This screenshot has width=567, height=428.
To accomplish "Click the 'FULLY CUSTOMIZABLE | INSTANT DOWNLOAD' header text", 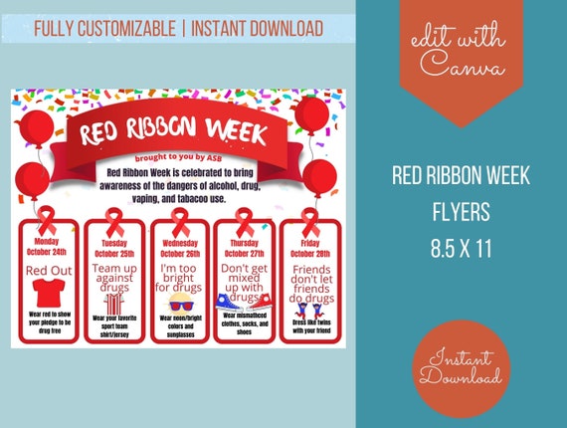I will (x=178, y=28).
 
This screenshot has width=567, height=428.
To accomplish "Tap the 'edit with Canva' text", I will (x=461, y=55).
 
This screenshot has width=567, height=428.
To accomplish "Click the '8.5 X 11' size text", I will (x=461, y=245).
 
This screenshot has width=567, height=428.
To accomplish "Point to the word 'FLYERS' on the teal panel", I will (x=461, y=211).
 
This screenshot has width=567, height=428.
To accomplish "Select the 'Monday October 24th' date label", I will (x=47, y=247).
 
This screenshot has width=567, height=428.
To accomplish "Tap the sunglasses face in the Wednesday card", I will (x=179, y=303).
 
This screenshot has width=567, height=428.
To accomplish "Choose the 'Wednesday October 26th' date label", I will (x=179, y=247).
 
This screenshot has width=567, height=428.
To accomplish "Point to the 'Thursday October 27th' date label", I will (x=244, y=247).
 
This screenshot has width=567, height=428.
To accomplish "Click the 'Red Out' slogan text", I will (x=47, y=269).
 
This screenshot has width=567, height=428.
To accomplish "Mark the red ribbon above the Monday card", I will (x=47, y=220).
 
